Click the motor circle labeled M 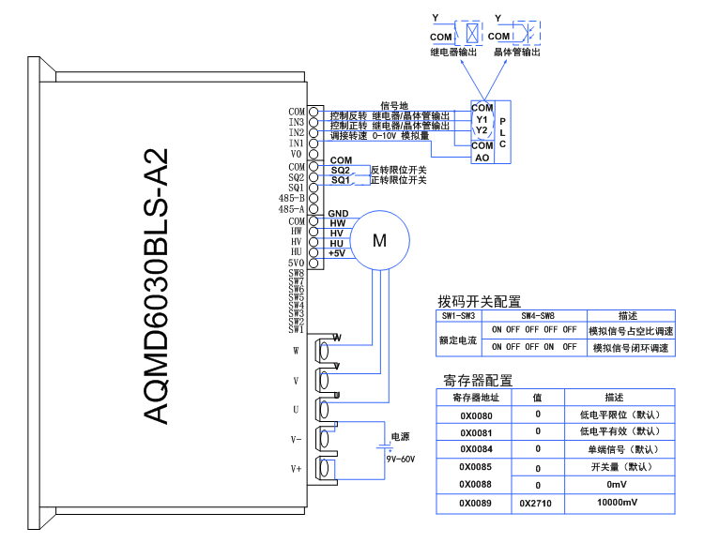pos(379,240)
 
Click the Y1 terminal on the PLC pos(482,119)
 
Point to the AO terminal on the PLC pos(482,158)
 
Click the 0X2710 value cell pos(537,504)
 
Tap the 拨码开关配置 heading pos(479,301)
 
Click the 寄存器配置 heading pos(478,380)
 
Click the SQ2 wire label pos(340,170)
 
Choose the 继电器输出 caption pos(454,53)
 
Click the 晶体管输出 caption pos(517,53)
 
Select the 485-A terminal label pos(291,209)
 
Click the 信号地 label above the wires pos(394,105)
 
